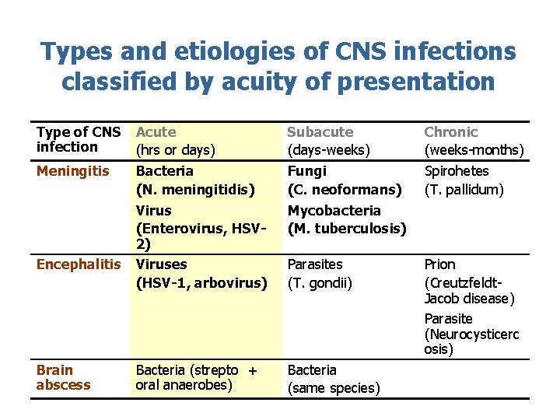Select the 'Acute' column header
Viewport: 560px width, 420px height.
click(156, 132)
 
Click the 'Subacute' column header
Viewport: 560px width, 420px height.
click(320, 132)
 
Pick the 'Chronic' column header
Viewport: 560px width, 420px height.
click(450, 132)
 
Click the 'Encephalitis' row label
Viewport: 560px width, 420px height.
click(78, 264)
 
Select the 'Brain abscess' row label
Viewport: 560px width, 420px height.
click(63, 377)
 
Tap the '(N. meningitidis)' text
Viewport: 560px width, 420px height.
click(195, 189)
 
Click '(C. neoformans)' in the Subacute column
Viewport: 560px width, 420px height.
click(345, 189)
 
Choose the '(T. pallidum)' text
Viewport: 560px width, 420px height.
click(464, 189)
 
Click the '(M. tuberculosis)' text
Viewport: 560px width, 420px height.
click(347, 228)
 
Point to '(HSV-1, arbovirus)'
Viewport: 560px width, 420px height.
click(201, 283)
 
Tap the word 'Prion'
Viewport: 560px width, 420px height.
click(439, 264)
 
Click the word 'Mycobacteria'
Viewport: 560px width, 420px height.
click(334, 210)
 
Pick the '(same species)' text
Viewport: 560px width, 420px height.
click(334, 388)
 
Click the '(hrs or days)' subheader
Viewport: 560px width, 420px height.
click(175, 150)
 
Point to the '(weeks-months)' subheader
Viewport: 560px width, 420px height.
click(474, 150)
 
